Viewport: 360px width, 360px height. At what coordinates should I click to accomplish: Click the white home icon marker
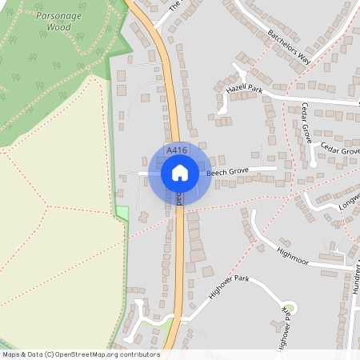[180, 172]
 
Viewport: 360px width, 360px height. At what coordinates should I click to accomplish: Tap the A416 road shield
[177, 150]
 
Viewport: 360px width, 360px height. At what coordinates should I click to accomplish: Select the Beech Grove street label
[228, 172]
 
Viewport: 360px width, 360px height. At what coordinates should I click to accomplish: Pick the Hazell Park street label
[244, 90]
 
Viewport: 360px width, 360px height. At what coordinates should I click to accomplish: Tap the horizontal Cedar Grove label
[340, 150]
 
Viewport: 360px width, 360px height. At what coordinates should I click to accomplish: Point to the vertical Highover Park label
[282, 328]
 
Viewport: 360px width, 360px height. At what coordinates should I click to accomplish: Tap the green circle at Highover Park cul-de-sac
[290, 306]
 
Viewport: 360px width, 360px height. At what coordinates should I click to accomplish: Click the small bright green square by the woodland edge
[122, 212]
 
